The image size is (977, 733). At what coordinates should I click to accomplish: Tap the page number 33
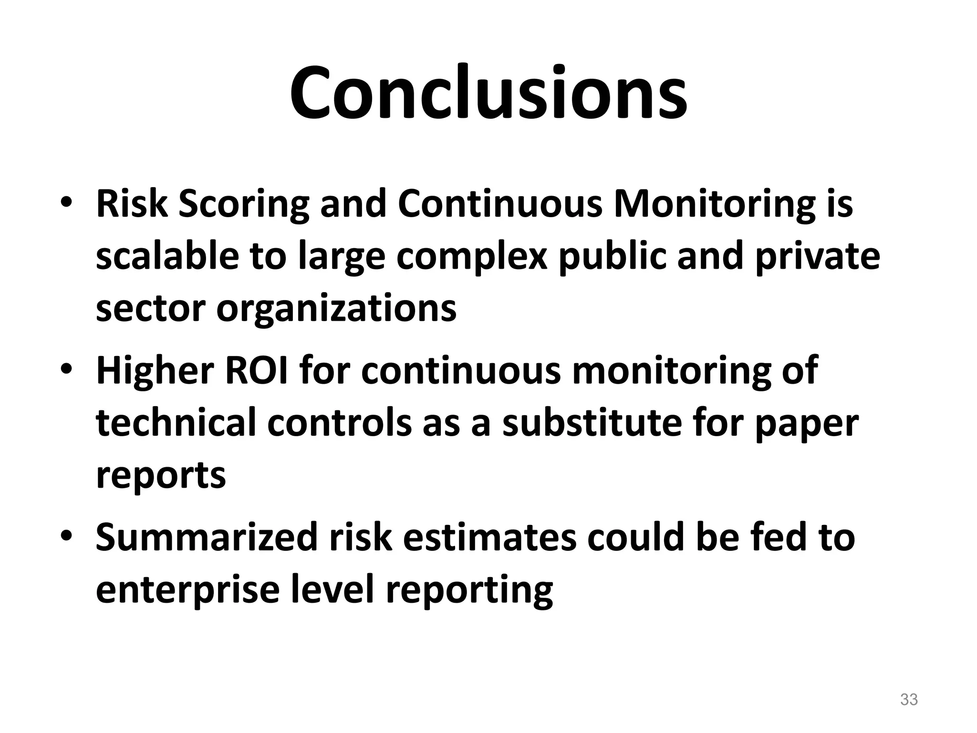point(909,700)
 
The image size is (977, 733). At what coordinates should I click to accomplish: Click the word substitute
point(592,423)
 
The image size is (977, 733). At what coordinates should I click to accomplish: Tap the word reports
point(161,476)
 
